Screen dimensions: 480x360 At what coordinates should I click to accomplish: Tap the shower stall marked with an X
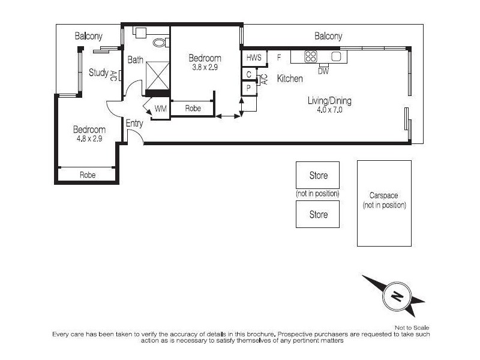158,76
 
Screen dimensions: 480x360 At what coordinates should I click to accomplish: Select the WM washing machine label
161,109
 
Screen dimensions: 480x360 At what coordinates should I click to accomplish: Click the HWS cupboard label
254,57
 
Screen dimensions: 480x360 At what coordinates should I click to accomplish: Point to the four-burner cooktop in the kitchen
310,56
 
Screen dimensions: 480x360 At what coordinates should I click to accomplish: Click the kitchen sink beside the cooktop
336,56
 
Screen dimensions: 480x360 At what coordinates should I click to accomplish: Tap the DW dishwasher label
323,71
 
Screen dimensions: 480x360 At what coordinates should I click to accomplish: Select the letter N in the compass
397,296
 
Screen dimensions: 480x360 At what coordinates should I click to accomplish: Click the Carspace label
383,196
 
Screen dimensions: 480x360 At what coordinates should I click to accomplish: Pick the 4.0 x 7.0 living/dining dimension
329,110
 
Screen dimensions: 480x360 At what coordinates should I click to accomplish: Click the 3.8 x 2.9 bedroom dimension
205,67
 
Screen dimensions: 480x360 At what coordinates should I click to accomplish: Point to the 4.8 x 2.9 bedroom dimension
89,139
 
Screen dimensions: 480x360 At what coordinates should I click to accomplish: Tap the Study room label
98,73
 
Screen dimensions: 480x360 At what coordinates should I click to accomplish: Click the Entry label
134,124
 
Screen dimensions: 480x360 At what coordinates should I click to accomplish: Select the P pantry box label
248,88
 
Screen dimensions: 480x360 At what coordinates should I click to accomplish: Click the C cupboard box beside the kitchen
248,74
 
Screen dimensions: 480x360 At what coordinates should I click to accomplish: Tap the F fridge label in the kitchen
279,57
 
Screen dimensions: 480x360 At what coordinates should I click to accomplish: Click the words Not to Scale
412,328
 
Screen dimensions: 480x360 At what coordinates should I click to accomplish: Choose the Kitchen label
290,79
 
